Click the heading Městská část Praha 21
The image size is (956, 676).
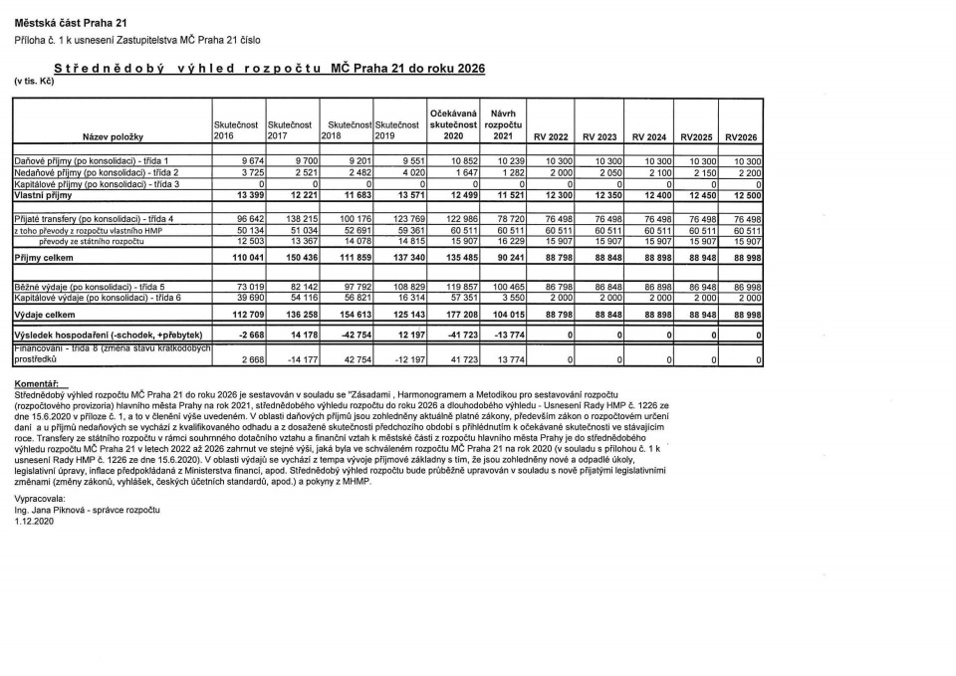tap(71, 22)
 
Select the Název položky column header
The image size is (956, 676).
tap(114, 135)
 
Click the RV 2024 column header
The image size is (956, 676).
tap(650, 135)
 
